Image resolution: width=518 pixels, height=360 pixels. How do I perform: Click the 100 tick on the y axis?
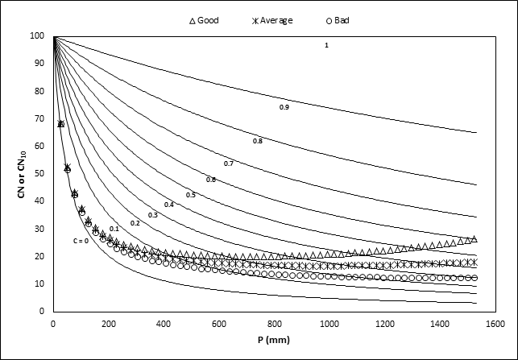[x=36, y=35]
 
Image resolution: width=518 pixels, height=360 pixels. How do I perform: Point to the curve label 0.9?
[x=284, y=107]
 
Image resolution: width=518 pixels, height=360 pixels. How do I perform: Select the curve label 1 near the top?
[x=326, y=45]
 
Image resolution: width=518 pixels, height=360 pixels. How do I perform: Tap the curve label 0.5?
[x=191, y=195]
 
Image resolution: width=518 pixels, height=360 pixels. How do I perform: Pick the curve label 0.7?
[x=229, y=163]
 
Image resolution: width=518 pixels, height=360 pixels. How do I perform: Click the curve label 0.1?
[x=114, y=229]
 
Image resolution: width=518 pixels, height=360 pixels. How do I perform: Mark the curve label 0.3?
[x=152, y=215]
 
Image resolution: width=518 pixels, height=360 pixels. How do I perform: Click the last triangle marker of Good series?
[x=474, y=239]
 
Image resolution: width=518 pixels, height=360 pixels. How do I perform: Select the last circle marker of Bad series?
[x=474, y=278]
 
